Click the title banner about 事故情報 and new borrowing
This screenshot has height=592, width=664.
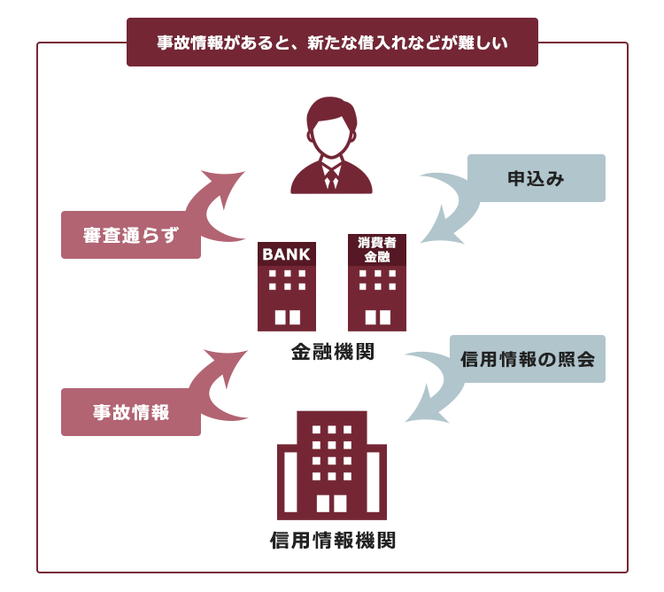click(332, 42)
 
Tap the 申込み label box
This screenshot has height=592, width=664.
click(537, 178)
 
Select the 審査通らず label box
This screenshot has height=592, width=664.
click(131, 235)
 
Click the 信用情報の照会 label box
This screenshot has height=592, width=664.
click(528, 359)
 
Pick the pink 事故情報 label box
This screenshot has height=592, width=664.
click(131, 412)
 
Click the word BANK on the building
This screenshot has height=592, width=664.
click(286, 254)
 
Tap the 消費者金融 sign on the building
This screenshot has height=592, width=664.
click(377, 250)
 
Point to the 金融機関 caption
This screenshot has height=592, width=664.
click(332, 352)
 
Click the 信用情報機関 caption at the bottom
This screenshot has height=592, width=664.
click(332, 541)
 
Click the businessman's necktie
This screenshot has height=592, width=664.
click(332, 178)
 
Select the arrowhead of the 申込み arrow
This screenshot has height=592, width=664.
click(440, 229)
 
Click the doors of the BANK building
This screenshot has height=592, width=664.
click(287, 317)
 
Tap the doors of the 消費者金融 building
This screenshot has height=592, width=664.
click(377, 317)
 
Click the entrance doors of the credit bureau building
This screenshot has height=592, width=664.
click(332, 503)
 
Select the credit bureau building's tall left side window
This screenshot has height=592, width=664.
click(290, 482)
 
